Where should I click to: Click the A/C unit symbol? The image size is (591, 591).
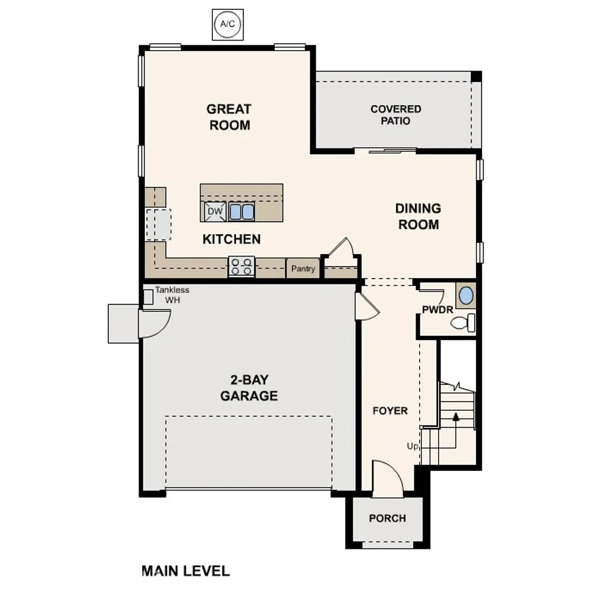[x=229, y=25]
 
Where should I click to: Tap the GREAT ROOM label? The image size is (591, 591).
[x=229, y=117]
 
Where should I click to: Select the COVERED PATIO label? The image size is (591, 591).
[x=395, y=115]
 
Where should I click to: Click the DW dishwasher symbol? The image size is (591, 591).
[x=215, y=212]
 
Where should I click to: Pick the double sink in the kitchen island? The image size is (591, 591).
[x=242, y=212]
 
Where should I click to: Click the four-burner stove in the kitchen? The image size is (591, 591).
[x=241, y=267]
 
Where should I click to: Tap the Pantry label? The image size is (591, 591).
[x=303, y=268]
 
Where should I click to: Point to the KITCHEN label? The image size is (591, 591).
[x=231, y=239]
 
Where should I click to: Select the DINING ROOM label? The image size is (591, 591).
[x=418, y=216]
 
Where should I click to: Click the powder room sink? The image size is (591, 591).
[x=466, y=296]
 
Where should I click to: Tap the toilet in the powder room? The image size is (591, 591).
[x=463, y=323]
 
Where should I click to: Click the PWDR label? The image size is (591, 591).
[x=437, y=310]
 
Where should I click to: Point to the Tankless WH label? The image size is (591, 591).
[x=173, y=295]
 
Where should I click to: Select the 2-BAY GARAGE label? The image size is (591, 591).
[x=249, y=388]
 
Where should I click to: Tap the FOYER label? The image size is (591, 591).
[x=390, y=411]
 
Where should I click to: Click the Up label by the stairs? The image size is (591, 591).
[x=413, y=446]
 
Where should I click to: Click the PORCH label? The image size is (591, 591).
[x=387, y=518]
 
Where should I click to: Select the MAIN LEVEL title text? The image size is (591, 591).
[x=185, y=571]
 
